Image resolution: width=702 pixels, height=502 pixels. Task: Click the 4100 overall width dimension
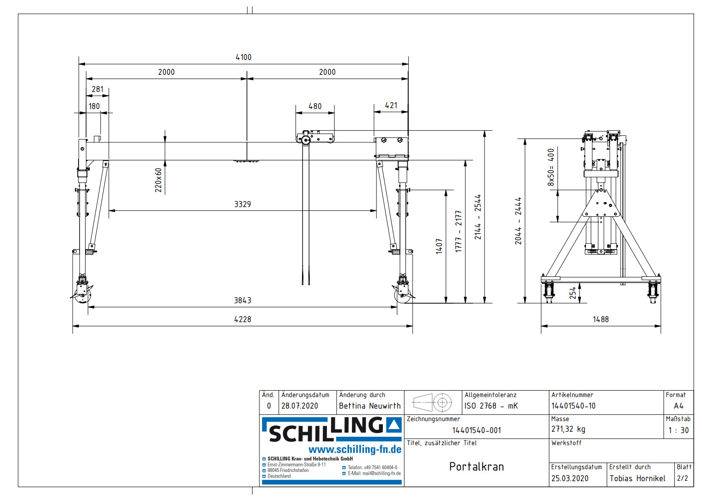243,57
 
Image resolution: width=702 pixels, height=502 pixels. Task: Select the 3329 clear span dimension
242,204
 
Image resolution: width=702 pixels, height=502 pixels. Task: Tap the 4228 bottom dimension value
242,319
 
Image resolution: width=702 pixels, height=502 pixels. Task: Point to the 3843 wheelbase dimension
242,300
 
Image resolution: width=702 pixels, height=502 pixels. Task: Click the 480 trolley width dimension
315,106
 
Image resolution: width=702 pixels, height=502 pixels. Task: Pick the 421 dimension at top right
391,105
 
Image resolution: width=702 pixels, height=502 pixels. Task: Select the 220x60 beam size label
158,180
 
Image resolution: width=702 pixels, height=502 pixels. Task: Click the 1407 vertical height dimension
439,246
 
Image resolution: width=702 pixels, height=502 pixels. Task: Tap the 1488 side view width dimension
601,319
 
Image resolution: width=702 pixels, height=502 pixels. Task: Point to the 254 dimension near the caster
573,293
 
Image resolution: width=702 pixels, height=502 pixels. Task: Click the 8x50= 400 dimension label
550,167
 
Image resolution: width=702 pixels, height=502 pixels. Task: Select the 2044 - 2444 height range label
518,221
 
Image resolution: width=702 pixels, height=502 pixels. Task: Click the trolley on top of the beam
315,137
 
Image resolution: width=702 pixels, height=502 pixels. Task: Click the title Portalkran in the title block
476,467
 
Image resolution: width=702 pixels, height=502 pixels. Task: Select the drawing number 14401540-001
476,430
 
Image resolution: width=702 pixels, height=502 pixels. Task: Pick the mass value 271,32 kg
568,429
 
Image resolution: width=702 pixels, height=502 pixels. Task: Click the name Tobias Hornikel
637,478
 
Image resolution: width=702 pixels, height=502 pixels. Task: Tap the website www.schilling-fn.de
355,449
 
